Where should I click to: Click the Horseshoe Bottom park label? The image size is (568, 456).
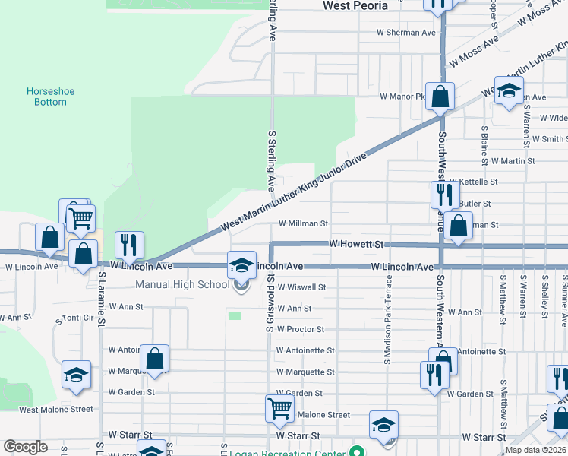pos(51,97)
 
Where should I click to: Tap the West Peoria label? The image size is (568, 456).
pos(355,5)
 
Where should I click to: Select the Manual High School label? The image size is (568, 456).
pos(181,285)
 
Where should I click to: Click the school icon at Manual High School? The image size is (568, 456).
pos(242,266)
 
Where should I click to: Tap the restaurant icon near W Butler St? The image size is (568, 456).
pos(444,195)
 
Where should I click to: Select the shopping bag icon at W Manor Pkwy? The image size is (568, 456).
pos(440,97)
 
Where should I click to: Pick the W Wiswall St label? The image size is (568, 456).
pos(301,288)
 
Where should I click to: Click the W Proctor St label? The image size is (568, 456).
pos(301,330)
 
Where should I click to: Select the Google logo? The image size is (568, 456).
pos(26,447)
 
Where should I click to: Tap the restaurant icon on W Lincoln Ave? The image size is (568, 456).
pos(129,245)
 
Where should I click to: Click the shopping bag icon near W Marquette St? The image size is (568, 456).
pos(154,359)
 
